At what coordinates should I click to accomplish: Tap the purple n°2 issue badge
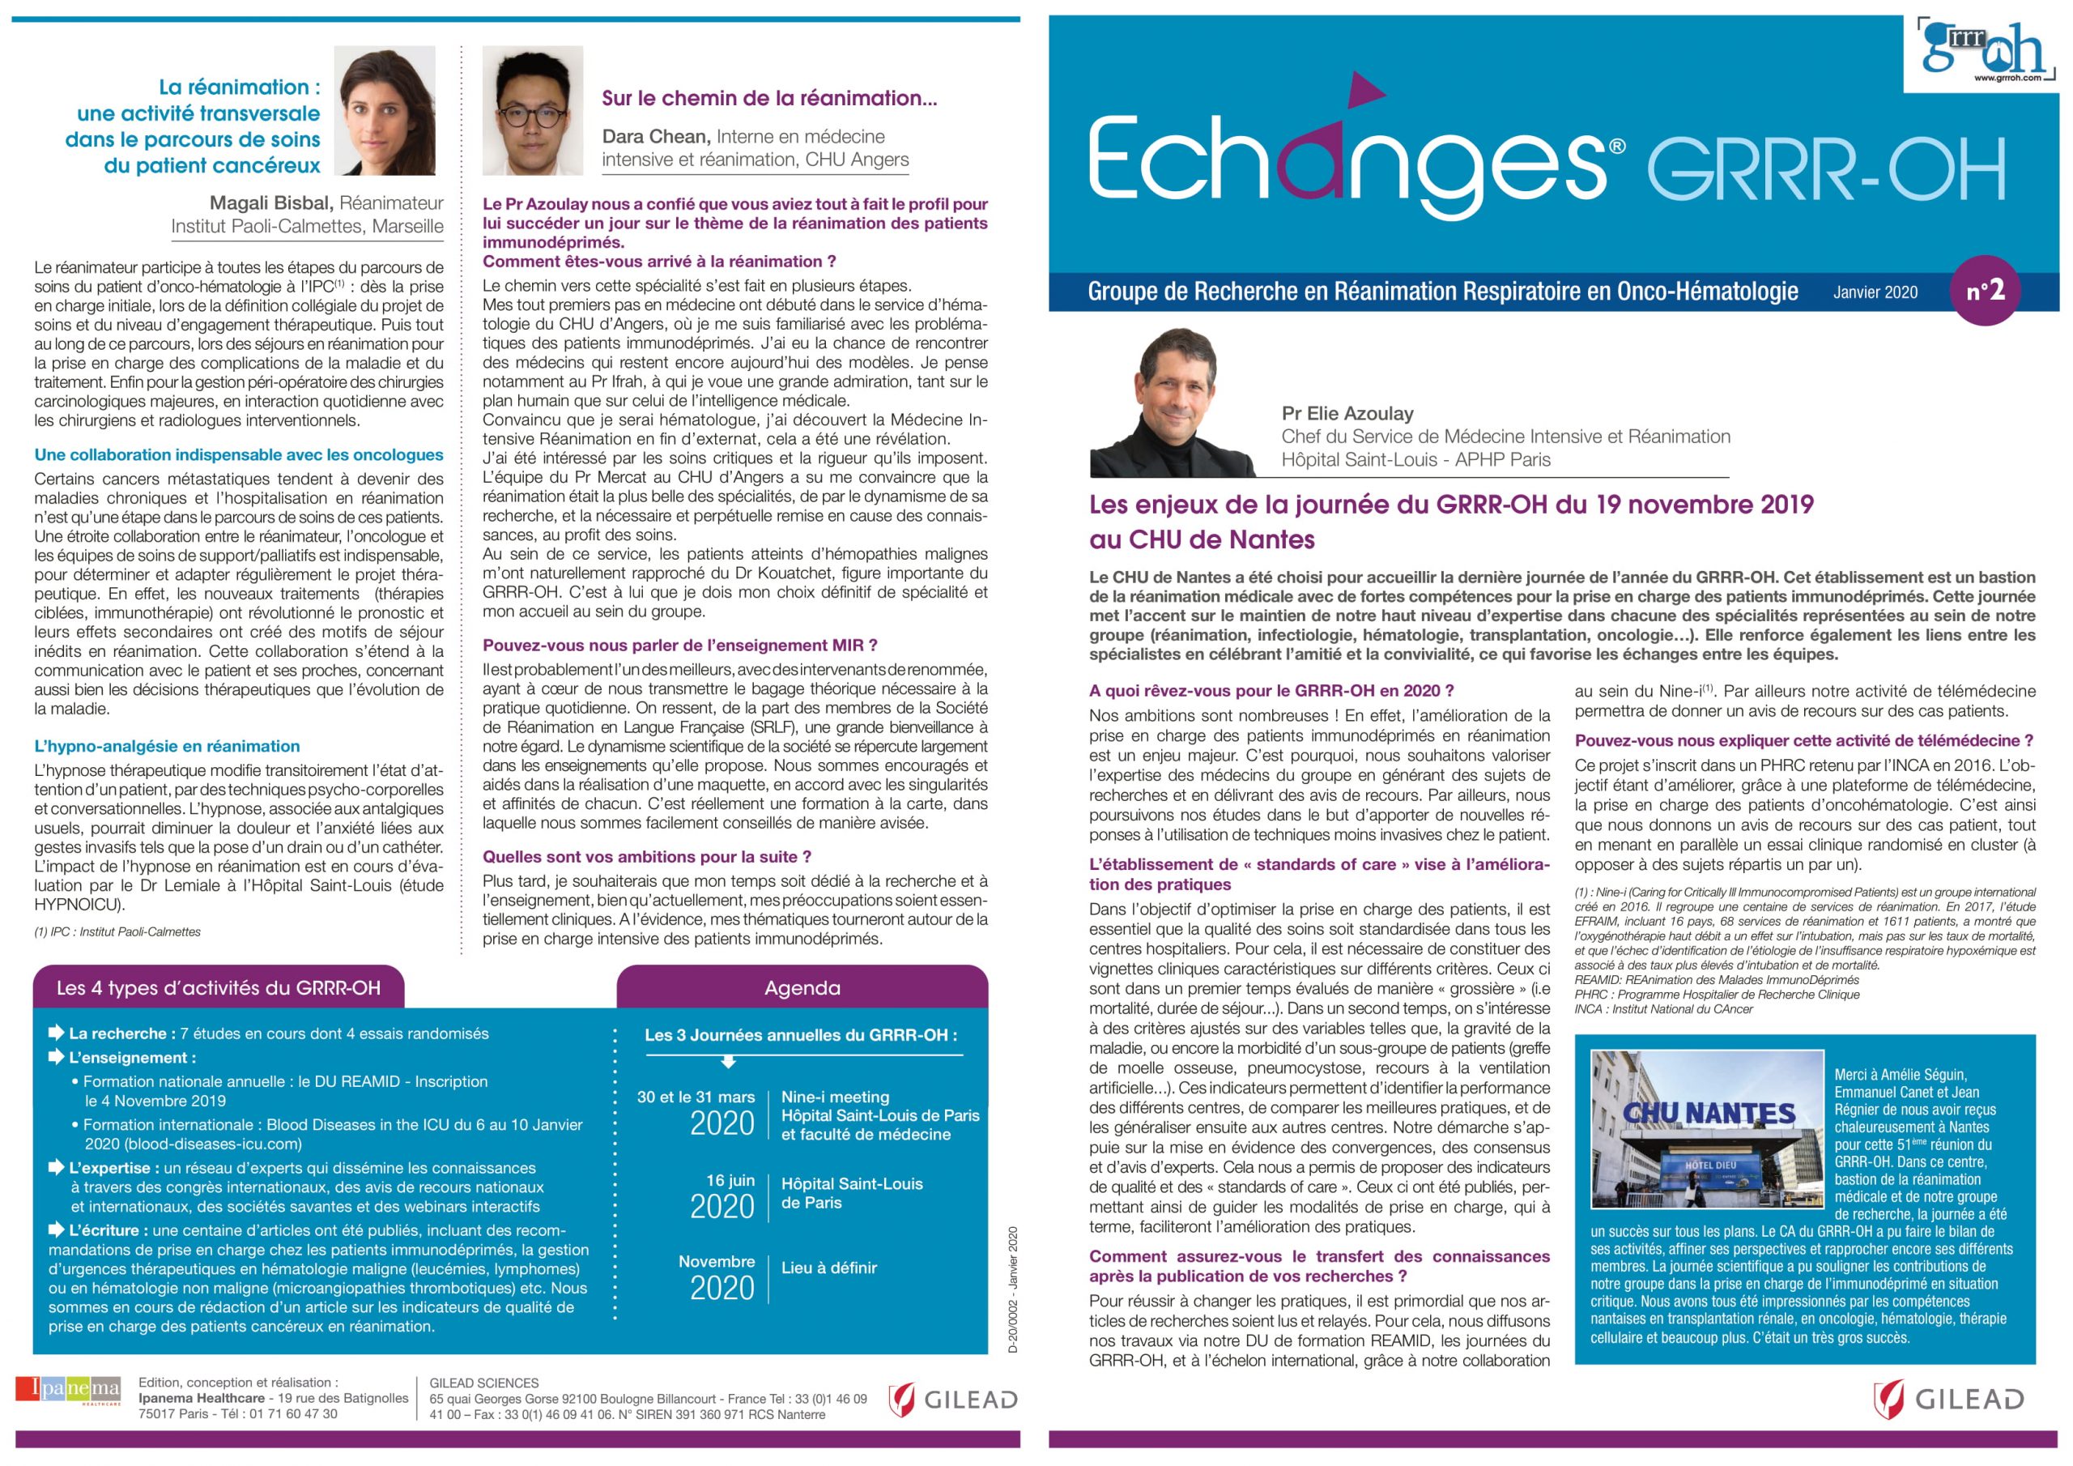coord(1986,291)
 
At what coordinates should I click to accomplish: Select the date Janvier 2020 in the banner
coord(1875,292)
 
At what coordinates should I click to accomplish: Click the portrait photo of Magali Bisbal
coord(385,110)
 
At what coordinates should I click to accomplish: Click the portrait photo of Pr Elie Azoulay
coord(1171,403)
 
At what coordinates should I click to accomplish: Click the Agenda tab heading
coord(802,987)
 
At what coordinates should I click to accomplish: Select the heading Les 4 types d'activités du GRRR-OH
coord(219,987)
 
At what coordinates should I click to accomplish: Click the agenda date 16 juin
coord(730,1179)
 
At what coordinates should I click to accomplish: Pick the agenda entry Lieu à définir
coord(829,1268)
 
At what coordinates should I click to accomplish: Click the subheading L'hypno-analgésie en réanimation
coord(167,746)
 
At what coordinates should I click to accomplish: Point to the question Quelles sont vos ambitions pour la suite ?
coord(646,856)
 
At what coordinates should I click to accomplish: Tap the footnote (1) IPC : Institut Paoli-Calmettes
coord(117,931)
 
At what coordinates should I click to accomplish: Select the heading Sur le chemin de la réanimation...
coord(769,97)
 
